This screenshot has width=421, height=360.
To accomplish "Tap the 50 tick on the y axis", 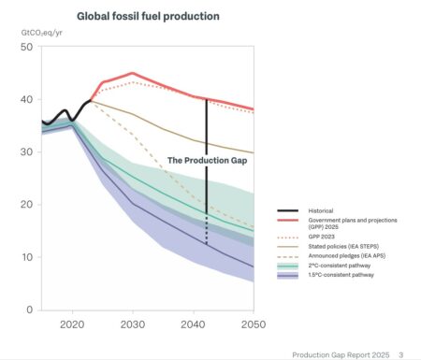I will [x=27, y=47].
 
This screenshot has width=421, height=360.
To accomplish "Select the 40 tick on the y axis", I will [x=27, y=99].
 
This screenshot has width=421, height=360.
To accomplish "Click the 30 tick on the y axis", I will [x=27, y=151].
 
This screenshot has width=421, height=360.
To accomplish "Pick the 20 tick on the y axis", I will [x=27, y=204].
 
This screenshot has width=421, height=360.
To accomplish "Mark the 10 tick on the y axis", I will [x=27, y=256].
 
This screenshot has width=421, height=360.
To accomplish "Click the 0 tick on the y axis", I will [x=30, y=309].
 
